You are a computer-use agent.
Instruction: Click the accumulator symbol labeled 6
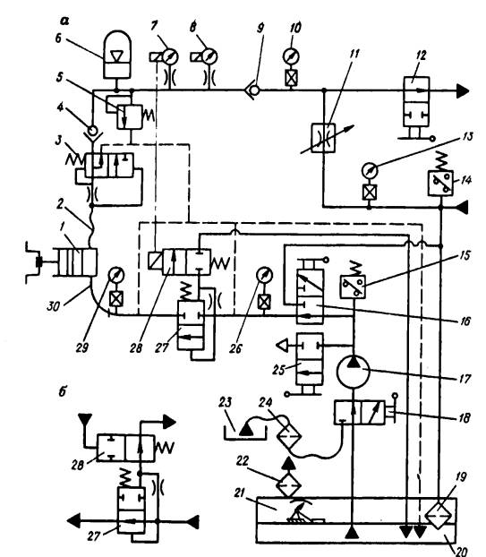(x=116, y=55)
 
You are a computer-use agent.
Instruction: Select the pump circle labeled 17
(x=353, y=372)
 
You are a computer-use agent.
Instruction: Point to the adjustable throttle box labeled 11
(x=323, y=138)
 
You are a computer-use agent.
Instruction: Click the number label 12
(x=421, y=56)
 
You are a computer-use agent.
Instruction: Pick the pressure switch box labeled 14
(x=440, y=184)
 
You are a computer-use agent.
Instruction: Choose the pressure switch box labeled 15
(x=353, y=287)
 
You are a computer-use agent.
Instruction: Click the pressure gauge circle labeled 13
(x=370, y=170)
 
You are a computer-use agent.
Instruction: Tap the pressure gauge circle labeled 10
(x=291, y=56)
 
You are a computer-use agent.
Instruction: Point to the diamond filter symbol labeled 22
(x=288, y=484)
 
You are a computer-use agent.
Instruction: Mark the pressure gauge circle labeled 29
(x=115, y=275)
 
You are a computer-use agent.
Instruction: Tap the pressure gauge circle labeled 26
(x=264, y=275)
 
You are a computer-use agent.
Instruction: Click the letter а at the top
(x=64, y=22)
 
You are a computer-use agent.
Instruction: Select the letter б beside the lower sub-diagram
(x=63, y=392)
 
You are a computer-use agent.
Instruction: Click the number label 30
(x=53, y=306)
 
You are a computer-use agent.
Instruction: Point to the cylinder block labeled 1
(x=75, y=261)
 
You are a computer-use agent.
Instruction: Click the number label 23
(x=226, y=402)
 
